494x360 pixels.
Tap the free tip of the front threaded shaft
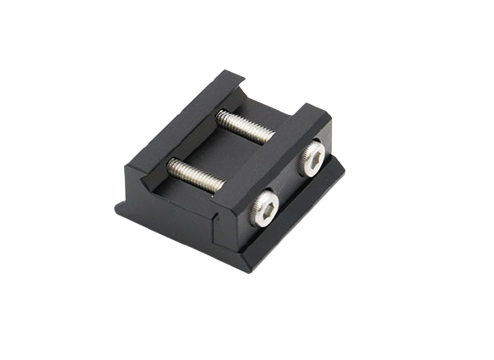point(171,162)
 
